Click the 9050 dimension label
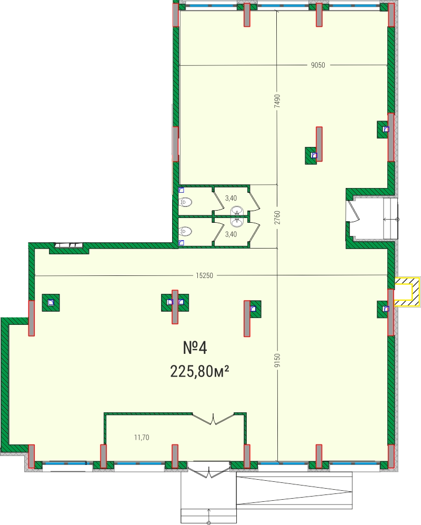318,65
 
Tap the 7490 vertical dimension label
277,101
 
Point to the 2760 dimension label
277,217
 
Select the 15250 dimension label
205,275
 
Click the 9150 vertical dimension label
277,360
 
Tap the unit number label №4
195,348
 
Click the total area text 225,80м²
200,371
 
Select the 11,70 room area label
142,437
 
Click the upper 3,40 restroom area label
231,198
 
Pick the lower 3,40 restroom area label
231,234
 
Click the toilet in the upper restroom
185,202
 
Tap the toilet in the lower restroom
185,231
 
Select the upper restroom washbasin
237,211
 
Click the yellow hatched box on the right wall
407,291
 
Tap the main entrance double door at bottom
209,471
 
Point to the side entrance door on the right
353,211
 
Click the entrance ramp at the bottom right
294,491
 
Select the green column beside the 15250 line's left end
51,303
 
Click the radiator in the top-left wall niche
68,245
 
